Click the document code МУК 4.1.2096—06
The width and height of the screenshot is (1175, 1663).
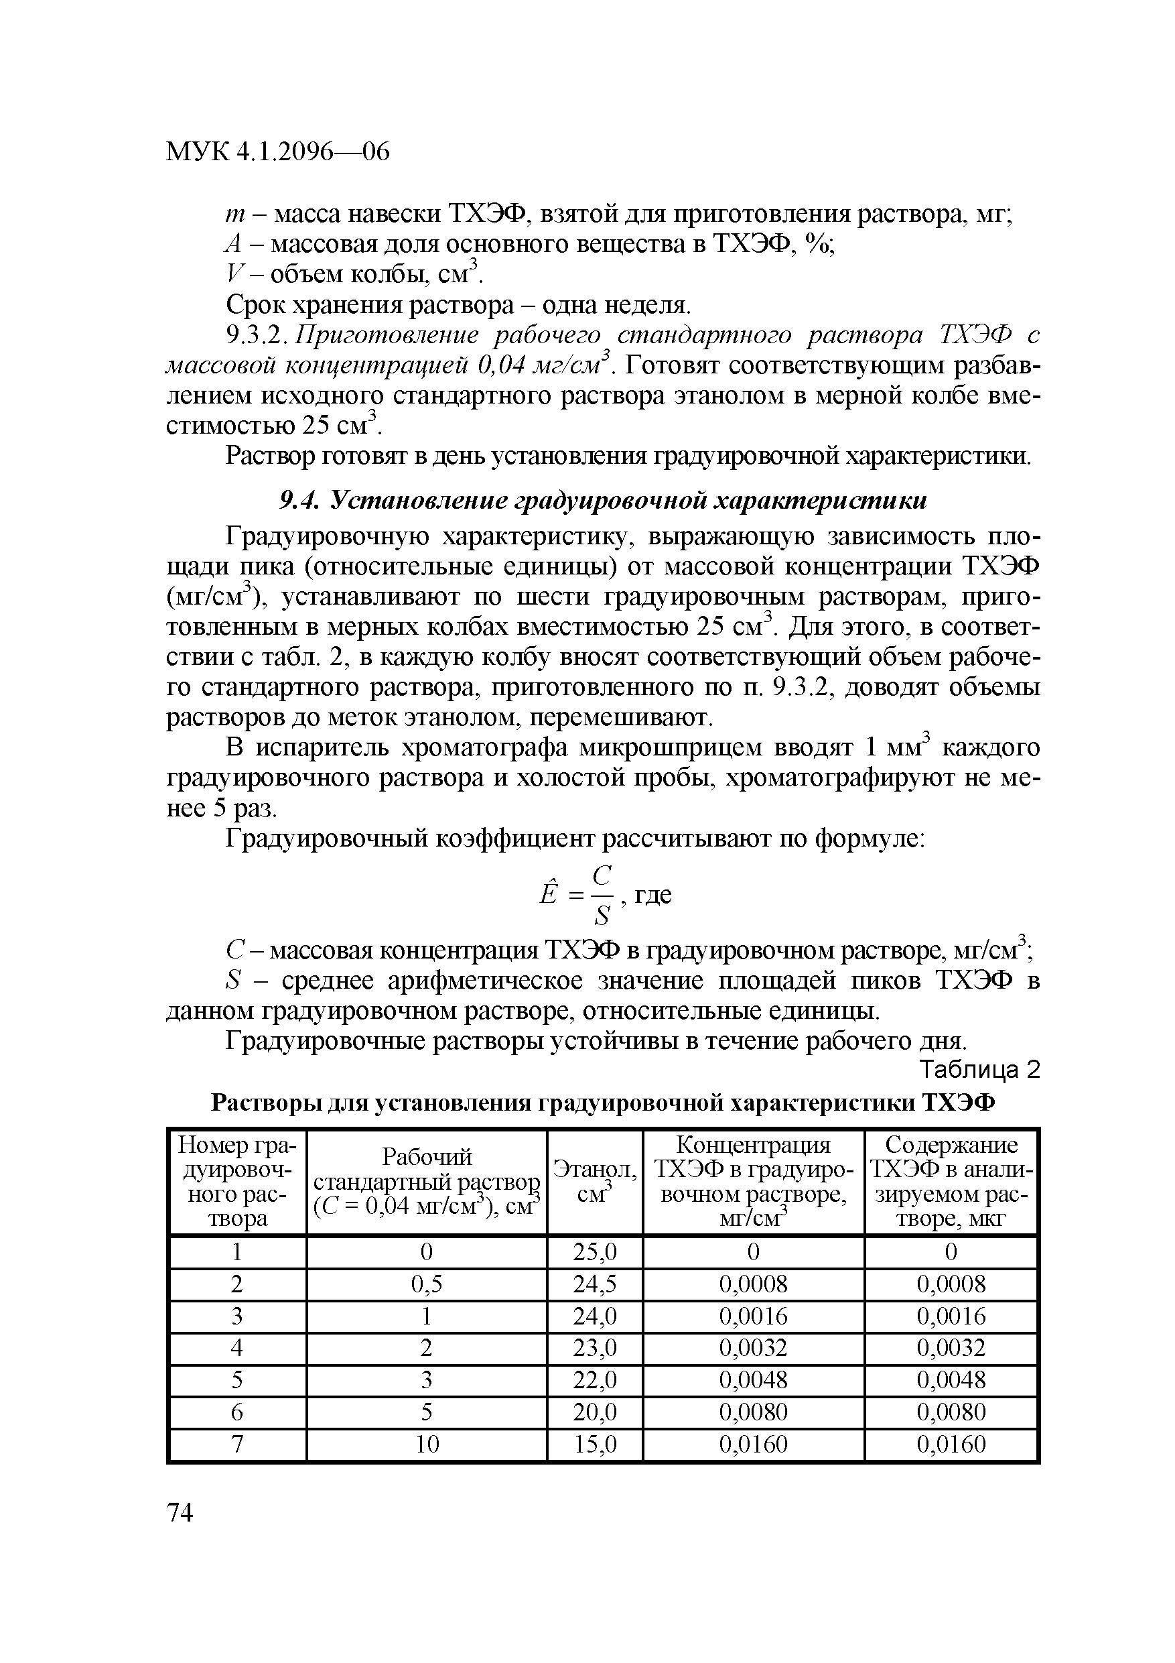click(277, 152)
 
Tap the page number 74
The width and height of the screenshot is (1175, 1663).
click(180, 1512)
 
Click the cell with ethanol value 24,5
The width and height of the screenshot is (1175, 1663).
click(594, 1284)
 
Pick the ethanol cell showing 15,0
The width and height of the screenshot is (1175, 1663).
click(594, 1444)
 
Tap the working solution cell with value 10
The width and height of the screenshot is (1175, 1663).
click(427, 1444)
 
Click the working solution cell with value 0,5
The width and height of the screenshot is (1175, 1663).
click(427, 1284)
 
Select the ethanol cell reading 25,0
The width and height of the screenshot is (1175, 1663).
click(594, 1251)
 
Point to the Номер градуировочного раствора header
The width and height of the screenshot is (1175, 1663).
click(236, 1181)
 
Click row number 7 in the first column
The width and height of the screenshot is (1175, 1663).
click(236, 1444)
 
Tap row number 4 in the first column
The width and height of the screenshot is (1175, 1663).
click(236, 1348)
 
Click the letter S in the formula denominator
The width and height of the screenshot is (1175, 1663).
click(602, 917)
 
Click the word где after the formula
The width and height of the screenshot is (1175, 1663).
click(653, 896)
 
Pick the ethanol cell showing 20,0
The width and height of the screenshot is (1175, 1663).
click(594, 1412)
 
